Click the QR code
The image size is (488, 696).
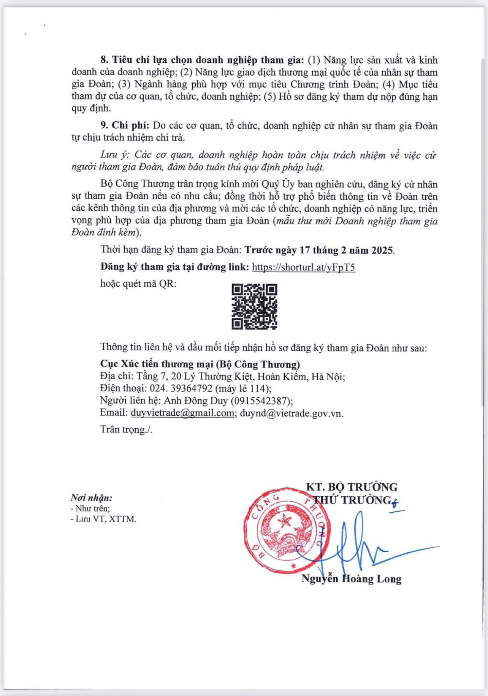point(254,306)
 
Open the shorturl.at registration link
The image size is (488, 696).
point(303,267)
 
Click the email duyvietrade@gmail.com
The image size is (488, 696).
point(182,413)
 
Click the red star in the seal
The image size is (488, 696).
point(283,520)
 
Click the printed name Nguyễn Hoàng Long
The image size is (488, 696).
point(352,579)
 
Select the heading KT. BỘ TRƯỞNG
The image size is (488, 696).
point(352,487)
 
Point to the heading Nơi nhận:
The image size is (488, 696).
point(91,497)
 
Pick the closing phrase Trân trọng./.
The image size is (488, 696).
point(126,429)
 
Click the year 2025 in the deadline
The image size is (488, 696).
point(382,250)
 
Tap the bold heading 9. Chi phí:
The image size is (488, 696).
point(125,126)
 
